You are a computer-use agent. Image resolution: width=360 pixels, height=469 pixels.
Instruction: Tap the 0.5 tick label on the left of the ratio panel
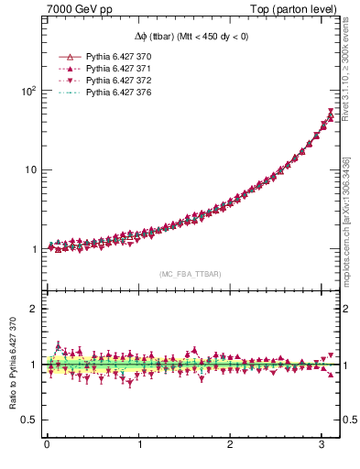27,420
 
